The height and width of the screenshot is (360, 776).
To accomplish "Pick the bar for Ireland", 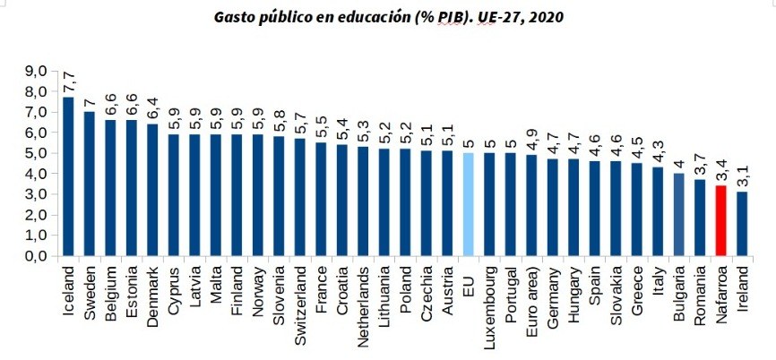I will click(x=742, y=223).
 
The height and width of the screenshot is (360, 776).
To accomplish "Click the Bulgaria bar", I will click(x=678, y=214).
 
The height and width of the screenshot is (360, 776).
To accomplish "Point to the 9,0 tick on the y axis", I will click(x=35, y=71).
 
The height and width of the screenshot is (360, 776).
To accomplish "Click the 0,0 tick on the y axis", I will click(x=35, y=256).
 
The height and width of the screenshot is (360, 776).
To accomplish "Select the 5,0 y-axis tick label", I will click(x=35, y=153).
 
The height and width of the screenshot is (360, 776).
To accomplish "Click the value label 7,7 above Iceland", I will click(x=68, y=81).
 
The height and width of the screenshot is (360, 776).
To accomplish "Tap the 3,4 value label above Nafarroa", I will click(x=720, y=170).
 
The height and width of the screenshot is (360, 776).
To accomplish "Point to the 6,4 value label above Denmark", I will click(x=153, y=108).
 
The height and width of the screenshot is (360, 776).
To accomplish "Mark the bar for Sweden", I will click(x=90, y=183).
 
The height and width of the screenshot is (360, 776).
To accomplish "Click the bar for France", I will click(x=319, y=199).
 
